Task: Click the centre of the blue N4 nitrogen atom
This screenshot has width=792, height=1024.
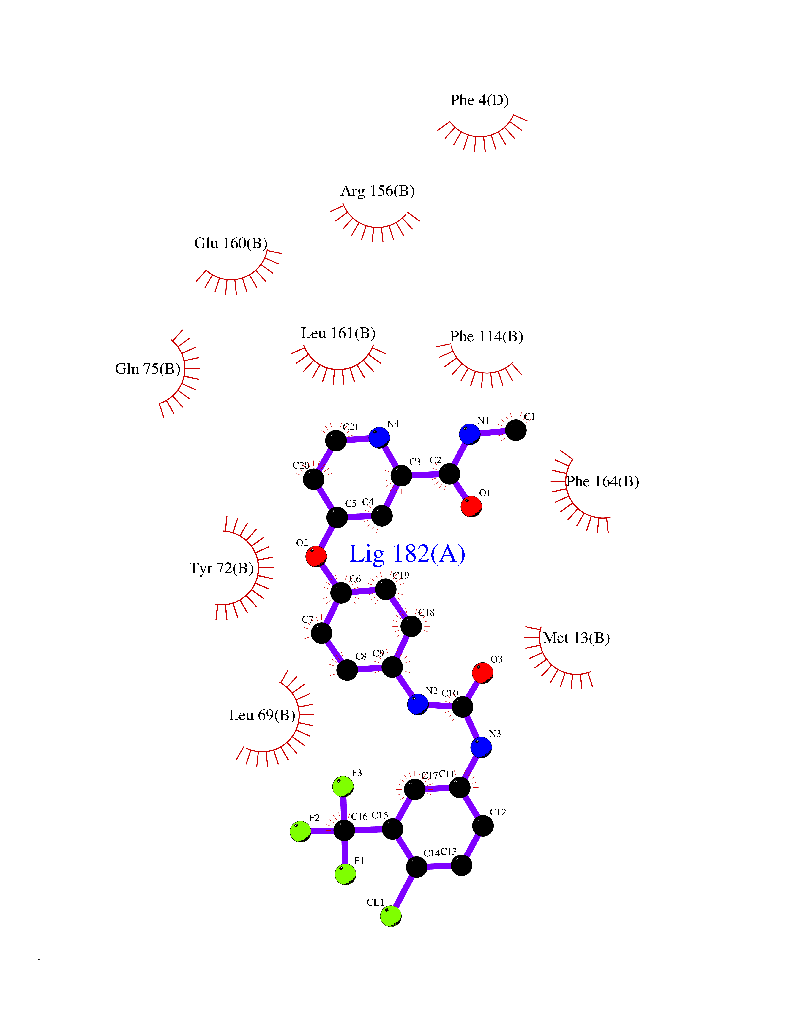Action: tap(379, 438)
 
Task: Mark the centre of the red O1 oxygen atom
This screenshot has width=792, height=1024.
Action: tap(471, 506)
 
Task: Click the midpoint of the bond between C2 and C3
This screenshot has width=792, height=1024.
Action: tap(425, 475)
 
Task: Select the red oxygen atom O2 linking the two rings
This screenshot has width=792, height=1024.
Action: tap(316, 556)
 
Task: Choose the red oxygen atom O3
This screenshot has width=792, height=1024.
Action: tap(482, 673)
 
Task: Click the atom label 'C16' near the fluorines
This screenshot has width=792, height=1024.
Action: tap(359, 816)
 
